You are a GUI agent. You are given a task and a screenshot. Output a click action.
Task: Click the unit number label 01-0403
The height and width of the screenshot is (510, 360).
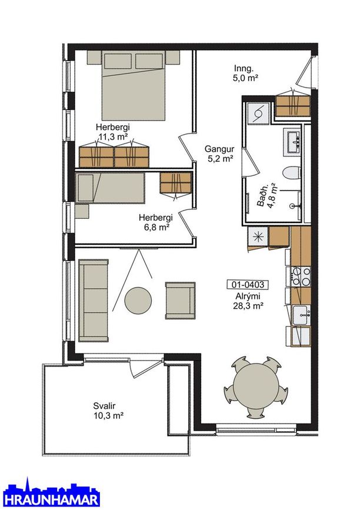point(248,285)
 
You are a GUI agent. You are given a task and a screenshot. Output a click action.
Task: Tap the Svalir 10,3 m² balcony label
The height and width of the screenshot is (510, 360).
point(108,411)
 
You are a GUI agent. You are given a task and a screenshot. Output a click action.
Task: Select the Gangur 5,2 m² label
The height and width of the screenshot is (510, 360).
point(219,154)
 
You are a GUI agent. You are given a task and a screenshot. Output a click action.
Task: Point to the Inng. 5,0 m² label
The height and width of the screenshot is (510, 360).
point(245,73)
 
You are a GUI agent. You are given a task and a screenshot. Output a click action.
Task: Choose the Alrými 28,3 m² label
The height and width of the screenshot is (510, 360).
point(248,301)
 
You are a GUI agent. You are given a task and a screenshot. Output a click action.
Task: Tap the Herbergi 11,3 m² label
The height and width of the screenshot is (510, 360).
point(112,131)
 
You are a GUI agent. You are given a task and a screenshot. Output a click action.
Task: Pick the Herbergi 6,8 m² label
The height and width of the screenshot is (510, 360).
point(155,222)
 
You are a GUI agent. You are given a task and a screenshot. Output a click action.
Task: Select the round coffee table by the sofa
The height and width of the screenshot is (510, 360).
point(138,300)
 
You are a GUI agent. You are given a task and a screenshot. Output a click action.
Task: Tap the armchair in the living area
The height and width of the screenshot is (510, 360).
point(181,301)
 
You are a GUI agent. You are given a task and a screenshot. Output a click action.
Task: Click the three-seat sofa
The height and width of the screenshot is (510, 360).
point(94,301)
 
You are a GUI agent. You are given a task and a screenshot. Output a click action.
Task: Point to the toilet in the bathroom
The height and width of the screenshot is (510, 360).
point(291,172)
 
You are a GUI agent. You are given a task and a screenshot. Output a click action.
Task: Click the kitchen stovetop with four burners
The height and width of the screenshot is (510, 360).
point(301,276)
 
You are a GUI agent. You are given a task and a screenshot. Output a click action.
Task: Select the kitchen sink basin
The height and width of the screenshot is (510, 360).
point(301,315)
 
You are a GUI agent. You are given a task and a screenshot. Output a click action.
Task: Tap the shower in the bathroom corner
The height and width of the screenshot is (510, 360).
point(258,113)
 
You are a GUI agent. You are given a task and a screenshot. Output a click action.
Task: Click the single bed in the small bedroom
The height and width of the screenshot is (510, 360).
point(110,188)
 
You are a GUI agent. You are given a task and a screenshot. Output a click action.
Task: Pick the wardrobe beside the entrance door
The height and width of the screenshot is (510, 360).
point(293,106)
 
